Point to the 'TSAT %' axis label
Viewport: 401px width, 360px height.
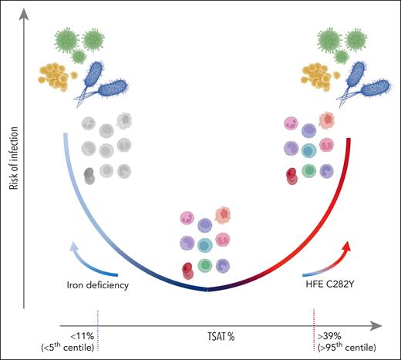[206, 336]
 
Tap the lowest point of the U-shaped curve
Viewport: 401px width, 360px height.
[207, 290]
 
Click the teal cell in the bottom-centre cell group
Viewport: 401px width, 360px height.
[206, 245]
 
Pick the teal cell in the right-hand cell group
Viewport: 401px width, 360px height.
[308, 150]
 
